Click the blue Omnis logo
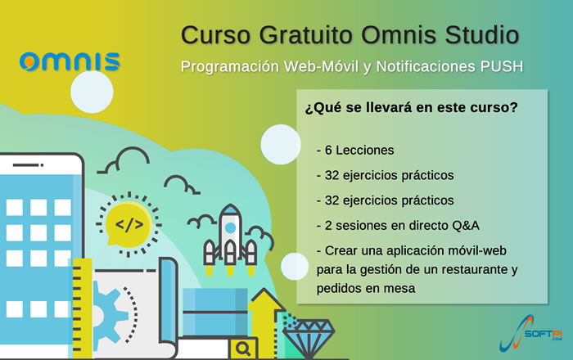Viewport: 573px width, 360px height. pyautogui.click(x=70, y=61)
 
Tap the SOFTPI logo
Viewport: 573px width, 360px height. pyautogui.click(x=531, y=333)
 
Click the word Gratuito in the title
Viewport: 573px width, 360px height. pyautogui.click(x=306, y=35)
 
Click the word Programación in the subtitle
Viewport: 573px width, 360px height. pyautogui.click(x=230, y=67)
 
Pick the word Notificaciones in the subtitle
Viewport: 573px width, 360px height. pyautogui.click(x=426, y=66)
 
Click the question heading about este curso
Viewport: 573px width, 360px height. pyautogui.click(x=412, y=107)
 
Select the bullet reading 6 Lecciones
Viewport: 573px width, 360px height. pyautogui.click(x=355, y=150)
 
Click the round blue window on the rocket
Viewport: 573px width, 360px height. pyautogui.click(x=230, y=227)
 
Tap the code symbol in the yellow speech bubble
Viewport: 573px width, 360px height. pyautogui.click(x=129, y=224)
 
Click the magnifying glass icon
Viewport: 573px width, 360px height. pyautogui.click(x=243, y=349)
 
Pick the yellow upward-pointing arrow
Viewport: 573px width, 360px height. pyautogui.click(x=266, y=322)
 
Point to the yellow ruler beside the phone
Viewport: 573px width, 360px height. pyautogui.click(x=82, y=308)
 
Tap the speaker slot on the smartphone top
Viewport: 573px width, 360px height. pyautogui.click(x=28, y=165)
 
